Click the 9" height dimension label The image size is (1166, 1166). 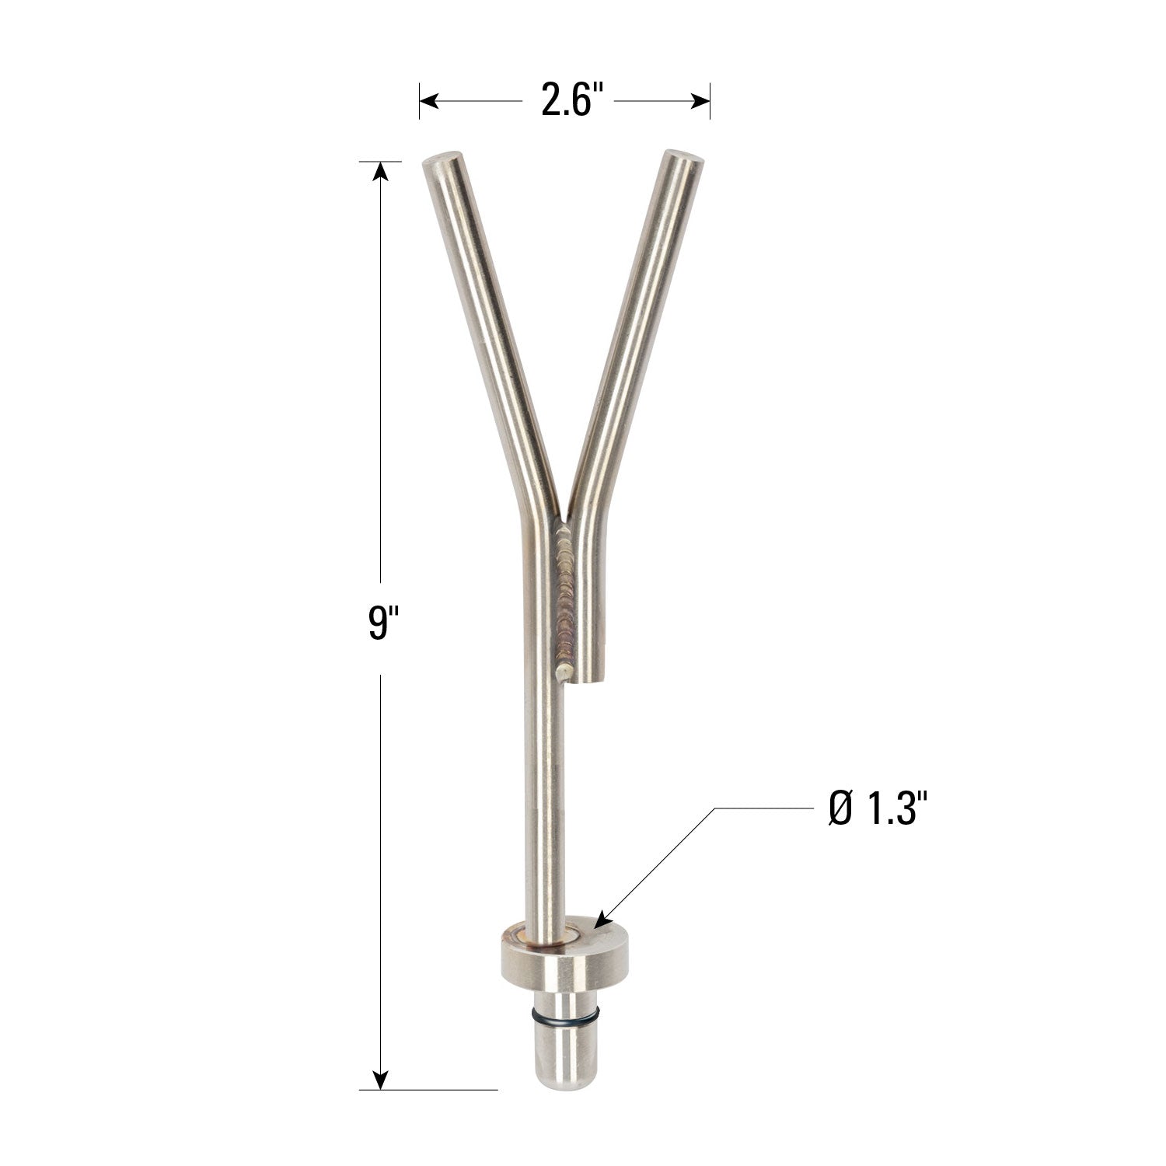(379, 626)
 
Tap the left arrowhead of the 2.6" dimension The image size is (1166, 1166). (430, 101)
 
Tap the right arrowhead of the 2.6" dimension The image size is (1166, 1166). (700, 101)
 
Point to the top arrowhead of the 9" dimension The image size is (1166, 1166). (380, 171)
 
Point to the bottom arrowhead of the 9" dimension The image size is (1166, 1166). (380, 1080)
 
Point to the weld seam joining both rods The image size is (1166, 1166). (565, 591)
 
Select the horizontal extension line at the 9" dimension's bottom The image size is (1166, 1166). (428, 1090)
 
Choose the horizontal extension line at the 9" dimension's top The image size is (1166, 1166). (380, 161)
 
